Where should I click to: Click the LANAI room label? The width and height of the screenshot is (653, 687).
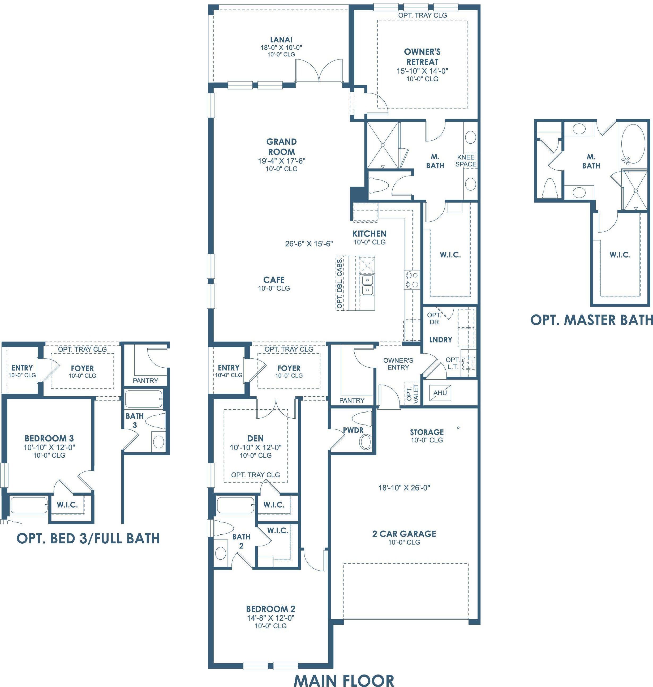[281, 40]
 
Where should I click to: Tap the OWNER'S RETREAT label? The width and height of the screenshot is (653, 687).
[422, 57]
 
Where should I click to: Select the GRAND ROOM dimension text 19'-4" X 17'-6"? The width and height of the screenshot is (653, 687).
[282, 161]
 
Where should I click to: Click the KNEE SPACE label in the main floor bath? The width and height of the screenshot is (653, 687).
[466, 160]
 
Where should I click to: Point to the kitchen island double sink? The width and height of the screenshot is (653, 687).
[367, 285]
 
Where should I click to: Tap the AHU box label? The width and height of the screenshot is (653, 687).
[440, 393]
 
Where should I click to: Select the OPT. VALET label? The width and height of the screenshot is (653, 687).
[413, 393]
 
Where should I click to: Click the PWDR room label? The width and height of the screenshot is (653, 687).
[353, 430]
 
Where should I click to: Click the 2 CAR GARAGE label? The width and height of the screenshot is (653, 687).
[404, 534]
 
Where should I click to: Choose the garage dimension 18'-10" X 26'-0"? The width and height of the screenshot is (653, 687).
[404, 488]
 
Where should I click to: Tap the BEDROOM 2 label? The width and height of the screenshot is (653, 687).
[270, 609]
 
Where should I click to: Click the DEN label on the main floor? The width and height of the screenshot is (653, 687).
[255, 439]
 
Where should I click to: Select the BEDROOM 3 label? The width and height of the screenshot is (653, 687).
[49, 439]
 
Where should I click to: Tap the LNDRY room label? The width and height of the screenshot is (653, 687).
[441, 340]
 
